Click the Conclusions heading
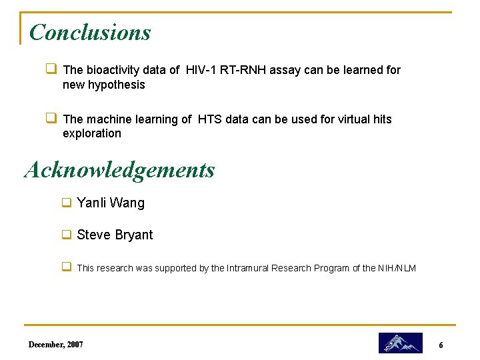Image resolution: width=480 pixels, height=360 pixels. (90, 32)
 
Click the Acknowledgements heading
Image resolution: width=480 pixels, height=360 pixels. (120, 170)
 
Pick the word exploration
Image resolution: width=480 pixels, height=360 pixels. (92, 133)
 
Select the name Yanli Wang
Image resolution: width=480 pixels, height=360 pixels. (111, 203)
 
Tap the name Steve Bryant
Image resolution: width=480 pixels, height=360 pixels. (115, 235)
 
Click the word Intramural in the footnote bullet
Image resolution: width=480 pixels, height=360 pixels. (251, 268)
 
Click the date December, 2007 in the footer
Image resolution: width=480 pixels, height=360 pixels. (56, 344)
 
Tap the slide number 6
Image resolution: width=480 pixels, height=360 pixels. (441, 345)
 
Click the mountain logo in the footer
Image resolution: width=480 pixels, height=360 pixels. (400, 343)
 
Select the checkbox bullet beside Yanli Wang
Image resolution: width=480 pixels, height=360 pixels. (67, 202)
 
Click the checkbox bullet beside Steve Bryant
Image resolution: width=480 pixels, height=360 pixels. (67, 234)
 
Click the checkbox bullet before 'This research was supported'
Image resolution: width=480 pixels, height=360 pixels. (67, 267)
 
